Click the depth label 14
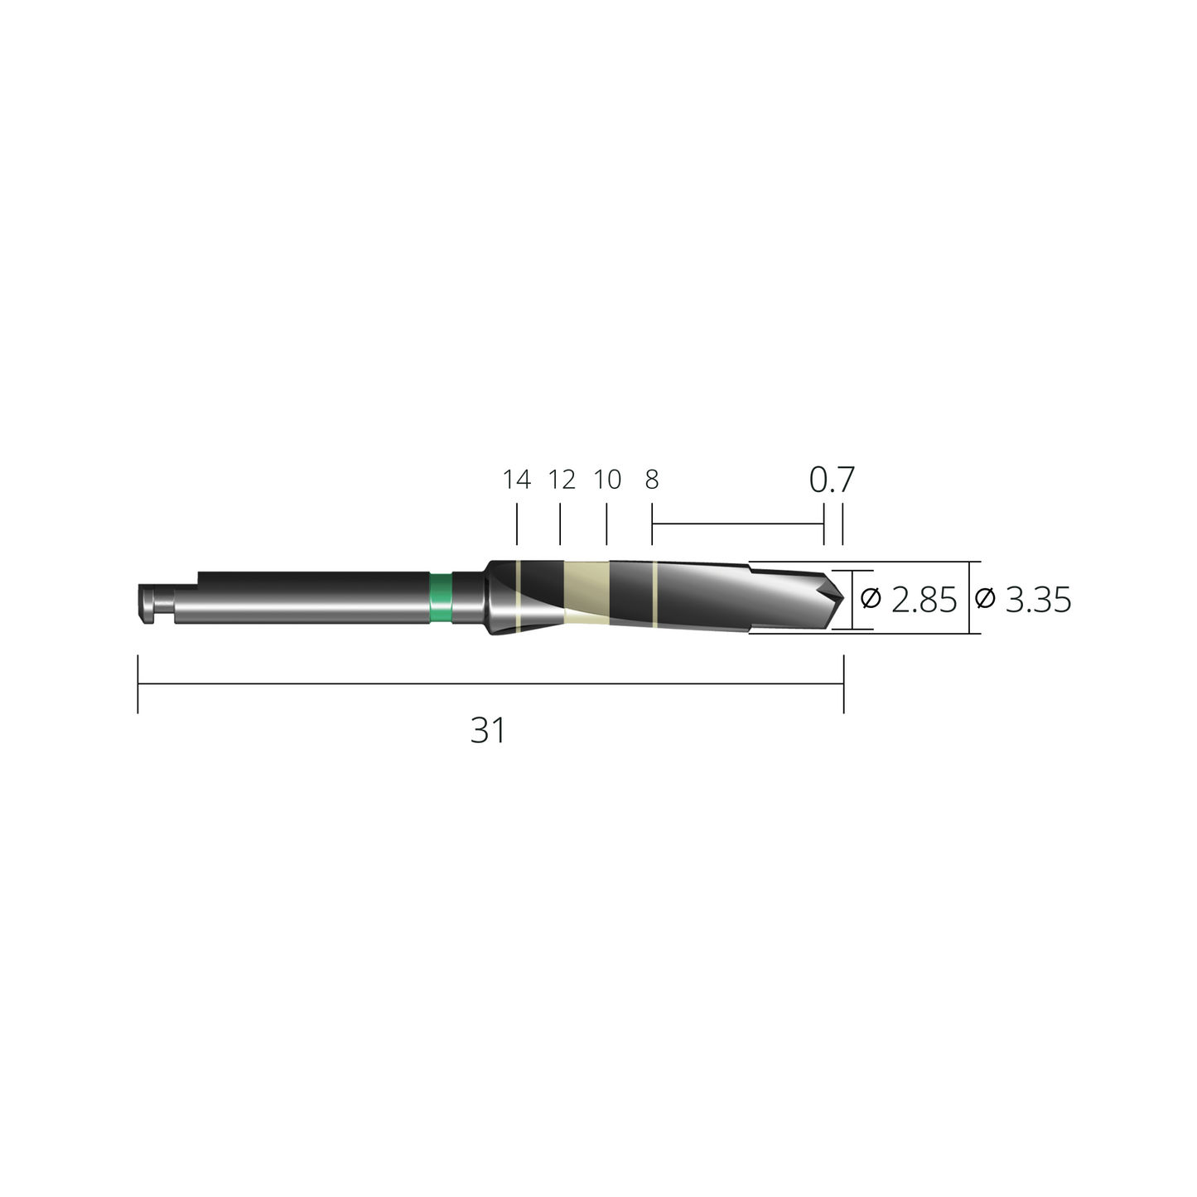point(517,480)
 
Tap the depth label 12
point(562,480)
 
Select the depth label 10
point(607,480)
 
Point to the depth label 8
point(652,480)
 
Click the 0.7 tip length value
point(832,480)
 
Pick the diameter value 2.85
point(924,600)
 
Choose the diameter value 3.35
point(1038,600)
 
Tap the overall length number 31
point(488,731)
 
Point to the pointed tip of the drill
point(843,597)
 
